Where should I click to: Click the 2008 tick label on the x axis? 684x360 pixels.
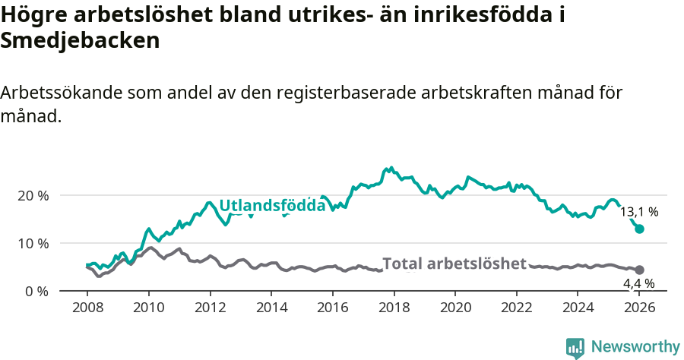coord(87,308)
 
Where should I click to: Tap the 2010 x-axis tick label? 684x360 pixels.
coord(149,308)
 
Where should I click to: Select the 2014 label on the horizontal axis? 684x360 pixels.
coord(271,308)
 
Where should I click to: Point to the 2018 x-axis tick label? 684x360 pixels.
coord(394,308)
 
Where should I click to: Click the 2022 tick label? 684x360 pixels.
coord(518,308)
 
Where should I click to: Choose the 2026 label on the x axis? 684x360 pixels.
coord(640,308)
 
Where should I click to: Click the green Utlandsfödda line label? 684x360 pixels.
coord(272,206)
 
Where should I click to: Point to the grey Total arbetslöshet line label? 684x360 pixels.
coord(454,264)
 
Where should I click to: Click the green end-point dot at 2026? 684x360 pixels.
coord(640,229)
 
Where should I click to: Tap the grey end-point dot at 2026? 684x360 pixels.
coord(640,270)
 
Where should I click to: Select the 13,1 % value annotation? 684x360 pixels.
coord(639,212)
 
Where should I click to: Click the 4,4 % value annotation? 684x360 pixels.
coord(639,284)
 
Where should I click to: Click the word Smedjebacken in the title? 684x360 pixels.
coord(80,40)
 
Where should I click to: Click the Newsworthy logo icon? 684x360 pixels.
coord(575,347)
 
